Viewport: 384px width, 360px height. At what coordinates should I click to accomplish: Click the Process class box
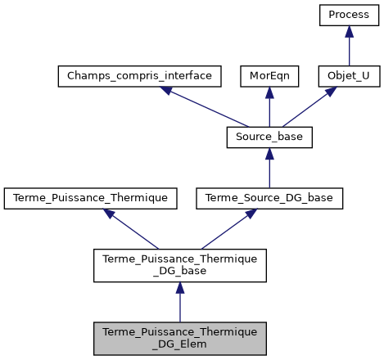pos(349,16)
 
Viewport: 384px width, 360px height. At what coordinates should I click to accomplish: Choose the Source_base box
pos(269,137)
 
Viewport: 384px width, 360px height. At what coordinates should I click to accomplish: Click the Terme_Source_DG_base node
pos(269,197)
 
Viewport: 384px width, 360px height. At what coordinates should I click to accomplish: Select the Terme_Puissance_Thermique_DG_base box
pos(179,263)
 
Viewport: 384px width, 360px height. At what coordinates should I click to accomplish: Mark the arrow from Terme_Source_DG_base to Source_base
pos(269,169)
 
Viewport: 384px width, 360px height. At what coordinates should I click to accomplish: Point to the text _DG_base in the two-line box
pos(179,271)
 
